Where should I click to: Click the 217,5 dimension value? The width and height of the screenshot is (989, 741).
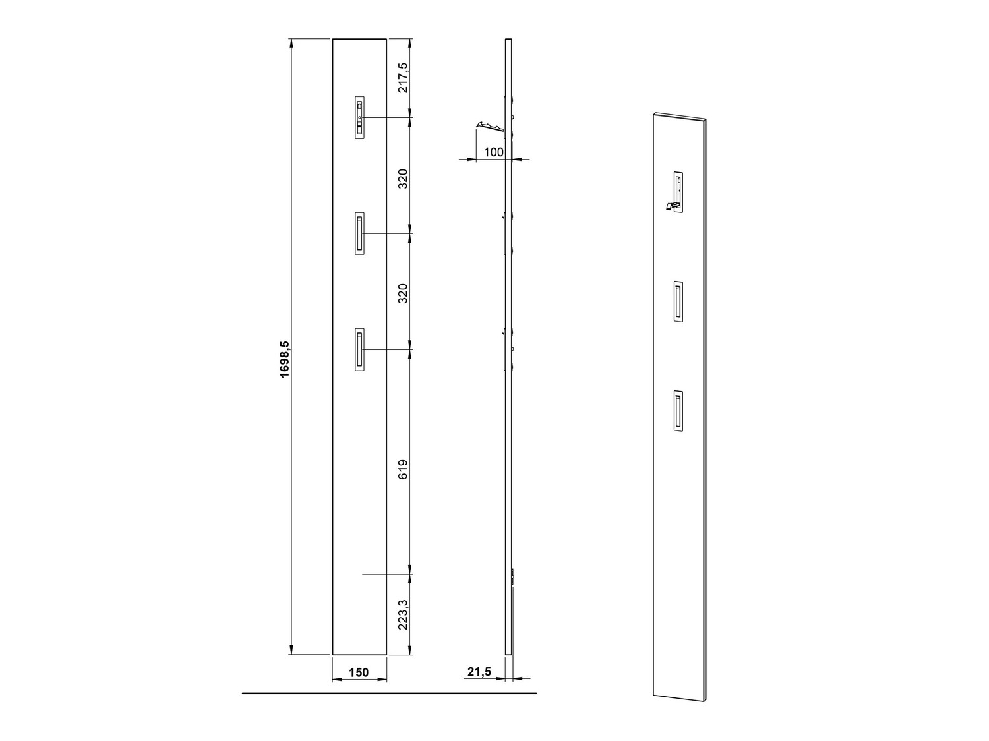[404, 78]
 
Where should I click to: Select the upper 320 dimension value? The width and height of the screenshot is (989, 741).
[404, 179]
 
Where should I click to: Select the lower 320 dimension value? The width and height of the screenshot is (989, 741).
[404, 293]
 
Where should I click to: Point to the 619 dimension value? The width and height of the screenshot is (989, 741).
[404, 469]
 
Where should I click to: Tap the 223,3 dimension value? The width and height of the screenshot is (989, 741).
[404, 614]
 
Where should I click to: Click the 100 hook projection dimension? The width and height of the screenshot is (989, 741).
[494, 152]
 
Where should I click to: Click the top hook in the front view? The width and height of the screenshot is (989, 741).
[359, 118]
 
